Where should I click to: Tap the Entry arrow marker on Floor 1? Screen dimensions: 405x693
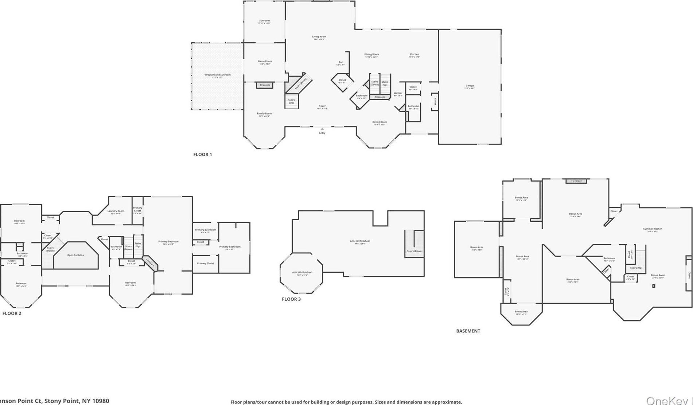point(322,129)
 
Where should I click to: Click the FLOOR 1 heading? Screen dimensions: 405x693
point(202,154)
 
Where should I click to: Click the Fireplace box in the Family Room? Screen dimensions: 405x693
point(265,85)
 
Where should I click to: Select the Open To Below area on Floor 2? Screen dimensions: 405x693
point(76,255)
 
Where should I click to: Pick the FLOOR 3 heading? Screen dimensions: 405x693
point(291,299)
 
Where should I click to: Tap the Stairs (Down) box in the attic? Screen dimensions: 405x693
point(414,244)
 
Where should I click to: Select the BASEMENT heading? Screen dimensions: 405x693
point(468,331)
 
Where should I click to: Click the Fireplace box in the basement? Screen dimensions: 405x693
point(576,181)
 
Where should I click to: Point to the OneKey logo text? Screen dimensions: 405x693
point(667,400)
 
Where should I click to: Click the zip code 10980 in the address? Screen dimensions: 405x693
point(101,401)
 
